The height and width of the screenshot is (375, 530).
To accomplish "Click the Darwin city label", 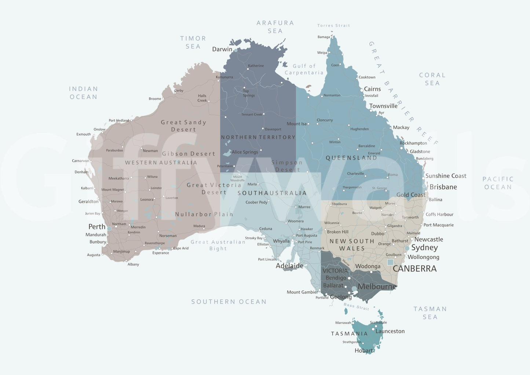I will pyautogui.click(x=222, y=49).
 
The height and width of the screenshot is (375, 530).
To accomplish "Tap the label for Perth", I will pyautogui.click(x=97, y=227).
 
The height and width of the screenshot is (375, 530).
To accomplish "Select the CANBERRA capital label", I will pyautogui.click(x=414, y=269).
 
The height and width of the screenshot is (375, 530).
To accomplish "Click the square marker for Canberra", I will pyautogui.click(x=390, y=262).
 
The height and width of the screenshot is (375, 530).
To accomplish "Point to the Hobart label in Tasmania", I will pyautogui.click(x=363, y=351).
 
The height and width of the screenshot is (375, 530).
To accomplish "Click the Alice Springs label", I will pyautogui.click(x=245, y=152).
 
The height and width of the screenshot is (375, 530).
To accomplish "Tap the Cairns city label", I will pyautogui.click(x=372, y=89).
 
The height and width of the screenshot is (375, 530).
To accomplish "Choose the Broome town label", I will pyautogui.click(x=155, y=99).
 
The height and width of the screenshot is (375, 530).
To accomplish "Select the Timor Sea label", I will pyautogui.click(x=193, y=42).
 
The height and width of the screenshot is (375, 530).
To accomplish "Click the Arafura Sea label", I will pyautogui.click(x=275, y=27).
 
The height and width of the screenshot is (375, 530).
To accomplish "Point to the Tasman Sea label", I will pyautogui.click(x=430, y=313).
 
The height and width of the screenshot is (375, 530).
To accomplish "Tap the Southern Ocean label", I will pyautogui.click(x=229, y=302).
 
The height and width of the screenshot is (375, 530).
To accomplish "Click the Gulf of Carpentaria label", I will pyautogui.click(x=304, y=69).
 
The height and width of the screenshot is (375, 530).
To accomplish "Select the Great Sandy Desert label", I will pyautogui.click(x=183, y=126).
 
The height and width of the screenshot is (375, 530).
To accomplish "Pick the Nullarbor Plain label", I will pyautogui.click(x=204, y=214).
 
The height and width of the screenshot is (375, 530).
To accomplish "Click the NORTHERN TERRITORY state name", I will pyautogui.click(x=258, y=137).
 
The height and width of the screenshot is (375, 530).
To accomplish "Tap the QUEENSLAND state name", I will pyautogui.click(x=351, y=158).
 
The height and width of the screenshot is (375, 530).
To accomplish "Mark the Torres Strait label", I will pyautogui.click(x=333, y=26).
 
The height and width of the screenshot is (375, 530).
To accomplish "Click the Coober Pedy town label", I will pyautogui.click(x=256, y=202).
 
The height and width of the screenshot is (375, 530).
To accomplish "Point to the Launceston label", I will pyautogui.click(x=390, y=331).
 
